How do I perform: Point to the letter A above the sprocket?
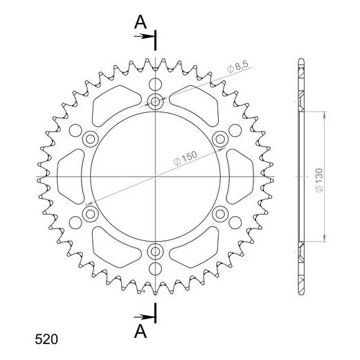click(141, 23)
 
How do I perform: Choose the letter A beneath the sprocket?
click(141, 332)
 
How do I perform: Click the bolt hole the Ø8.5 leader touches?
click(155, 102)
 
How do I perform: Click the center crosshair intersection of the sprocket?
click(156, 177)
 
